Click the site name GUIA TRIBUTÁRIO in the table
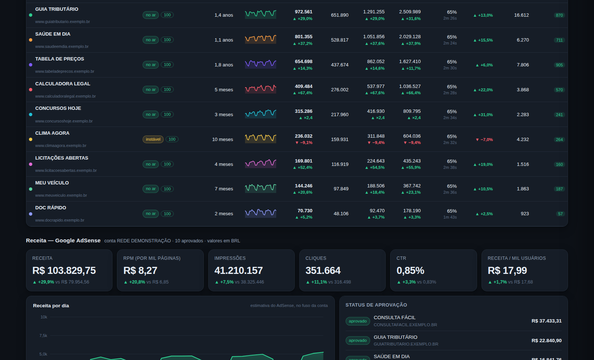pyautogui.click(x=57, y=9)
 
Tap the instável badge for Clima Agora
pyautogui.click(x=153, y=139)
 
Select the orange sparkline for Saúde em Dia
pyautogui.click(x=260, y=39)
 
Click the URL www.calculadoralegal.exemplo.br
pyautogui.click(x=65, y=96)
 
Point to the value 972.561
pyautogui.click(x=304, y=12)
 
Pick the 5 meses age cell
pyautogui.click(x=224, y=89)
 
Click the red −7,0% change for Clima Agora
pyautogui.click(x=484, y=140)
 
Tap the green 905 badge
pyautogui.click(x=559, y=65)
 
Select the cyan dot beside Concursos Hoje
pyautogui.click(x=30, y=115)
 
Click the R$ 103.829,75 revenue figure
pyautogui.click(x=64, y=271)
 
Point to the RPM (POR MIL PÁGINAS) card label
pyautogui.click(x=152, y=258)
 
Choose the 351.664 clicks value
pyautogui.click(x=323, y=271)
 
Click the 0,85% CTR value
pyautogui.click(x=410, y=271)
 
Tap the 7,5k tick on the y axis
pyautogui.click(x=43, y=336)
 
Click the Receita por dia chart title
pyautogui.click(x=51, y=306)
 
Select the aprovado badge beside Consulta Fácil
pyautogui.click(x=358, y=321)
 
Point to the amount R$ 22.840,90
pyautogui.click(x=546, y=340)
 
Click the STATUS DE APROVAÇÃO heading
pyautogui.click(x=376, y=305)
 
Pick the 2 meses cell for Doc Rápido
pyautogui.click(x=224, y=214)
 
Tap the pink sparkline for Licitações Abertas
pyautogui.click(x=260, y=163)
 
